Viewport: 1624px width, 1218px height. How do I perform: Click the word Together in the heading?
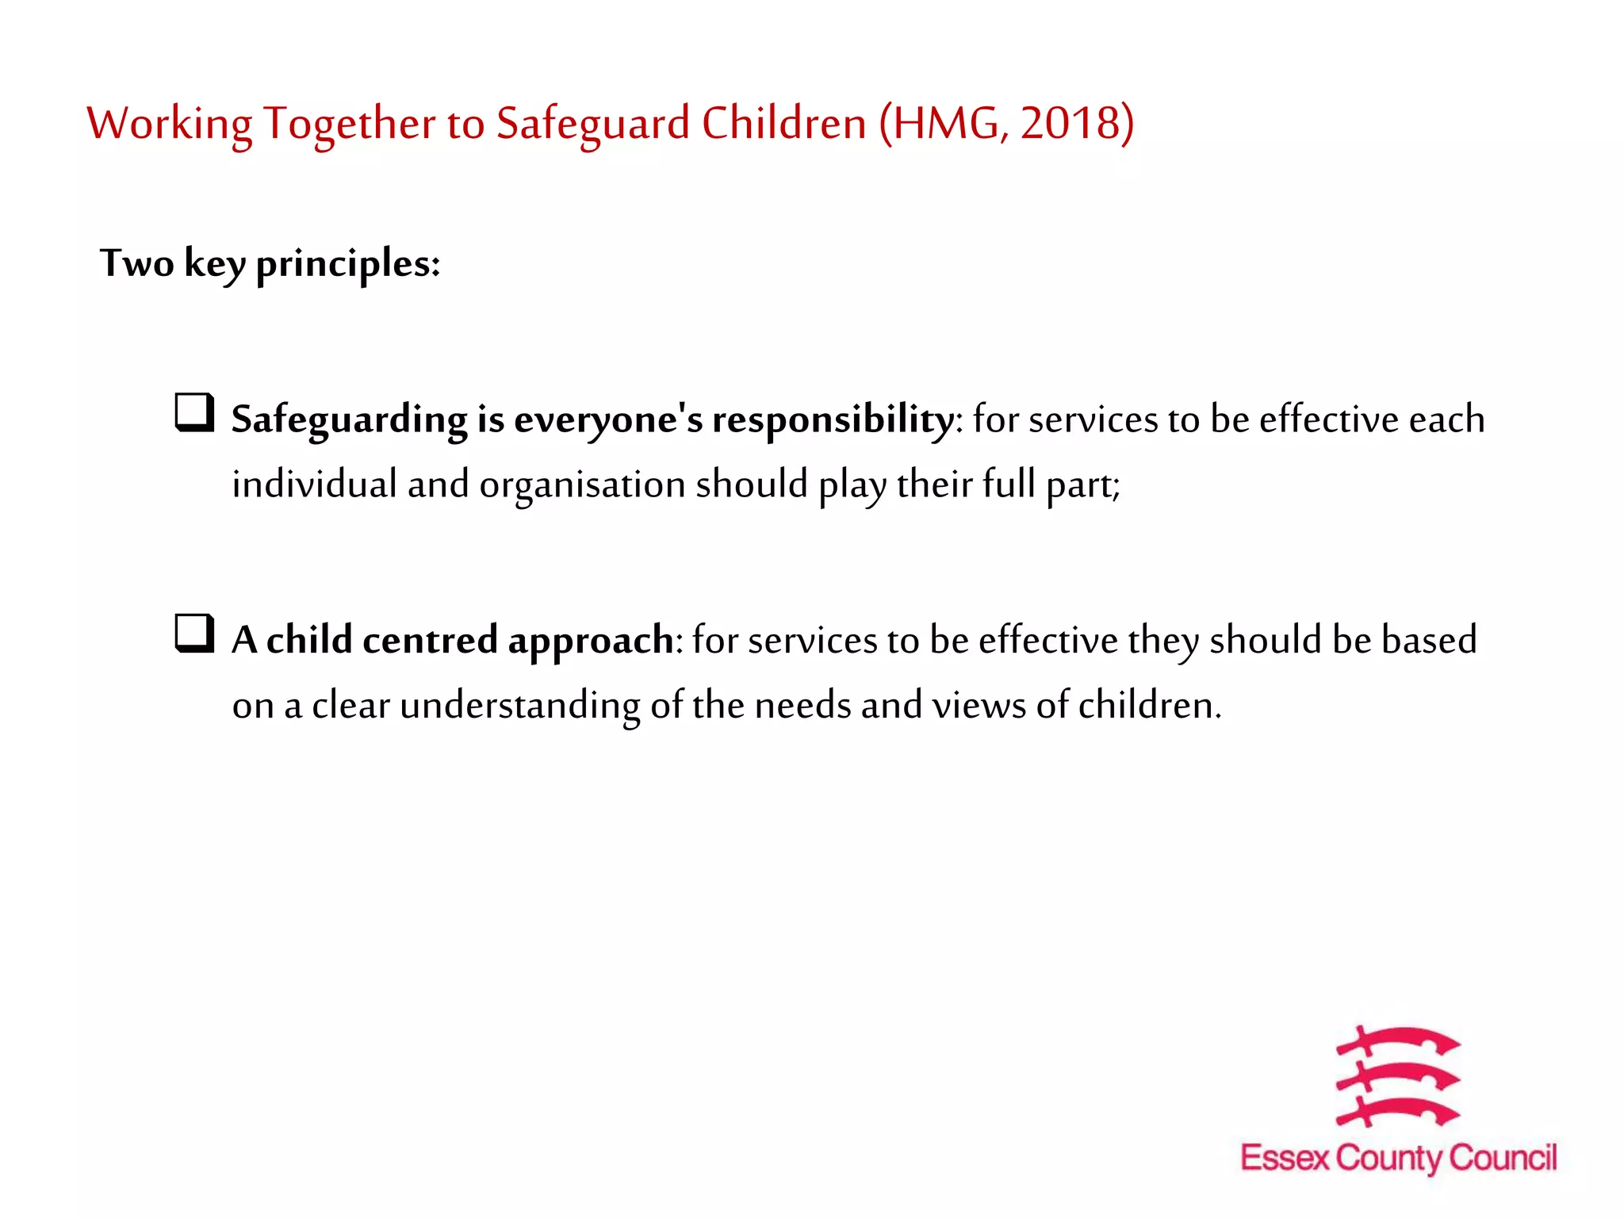(349, 125)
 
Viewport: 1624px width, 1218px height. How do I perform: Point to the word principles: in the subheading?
(347, 265)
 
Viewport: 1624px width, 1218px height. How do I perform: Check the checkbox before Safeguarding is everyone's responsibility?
(194, 413)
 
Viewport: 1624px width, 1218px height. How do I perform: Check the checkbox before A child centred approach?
(194, 634)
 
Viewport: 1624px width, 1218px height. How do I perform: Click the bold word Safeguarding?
(349, 420)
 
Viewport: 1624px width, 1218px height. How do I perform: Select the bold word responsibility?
(833, 420)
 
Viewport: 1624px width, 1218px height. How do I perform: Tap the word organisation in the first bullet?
(582, 485)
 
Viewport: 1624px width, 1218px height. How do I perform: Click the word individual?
(314, 485)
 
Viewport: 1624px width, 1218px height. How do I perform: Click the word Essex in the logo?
(1284, 1159)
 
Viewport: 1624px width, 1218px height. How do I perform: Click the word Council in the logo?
(1503, 1159)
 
